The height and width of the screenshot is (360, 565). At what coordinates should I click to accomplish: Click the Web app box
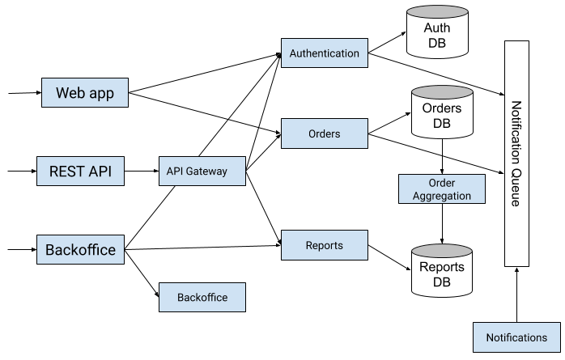pyautogui.click(x=85, y=93)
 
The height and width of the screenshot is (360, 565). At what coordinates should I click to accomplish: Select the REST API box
pyautogui.click(x=80, y=172)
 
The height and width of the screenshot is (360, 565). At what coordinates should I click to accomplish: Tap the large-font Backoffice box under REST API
pyautogui.click(x=80, y=249)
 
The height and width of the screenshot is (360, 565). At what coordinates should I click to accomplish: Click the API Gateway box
pyautogui.click(x=202, y=172)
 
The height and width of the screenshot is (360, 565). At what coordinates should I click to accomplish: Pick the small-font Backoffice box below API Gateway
pyautogui.click(x=202, y=297)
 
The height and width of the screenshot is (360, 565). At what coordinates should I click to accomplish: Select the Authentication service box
pyautogui.click(x=324, y=53)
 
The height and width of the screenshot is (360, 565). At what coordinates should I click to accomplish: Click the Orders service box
pyautogui.click(x=324, y=133)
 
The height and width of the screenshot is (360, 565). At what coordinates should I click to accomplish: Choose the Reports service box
pyautogui.click(x=324, y=245)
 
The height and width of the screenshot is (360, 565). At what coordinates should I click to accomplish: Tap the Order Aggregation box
pyautogui.click(x=441, y=189)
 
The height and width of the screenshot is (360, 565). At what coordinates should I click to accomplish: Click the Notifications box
pyautogui.click(x=516, y=337)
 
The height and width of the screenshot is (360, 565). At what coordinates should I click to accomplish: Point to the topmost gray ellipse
pyautogui.click(x=437, y=12)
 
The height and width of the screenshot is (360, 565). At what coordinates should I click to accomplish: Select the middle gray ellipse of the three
pyautogui.click(x=441, y=92)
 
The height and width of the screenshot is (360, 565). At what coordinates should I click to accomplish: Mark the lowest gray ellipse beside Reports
pyautogui.click(x=441, y=251)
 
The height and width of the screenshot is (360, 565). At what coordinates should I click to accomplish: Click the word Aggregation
pyautogui.click(x=441, y=196)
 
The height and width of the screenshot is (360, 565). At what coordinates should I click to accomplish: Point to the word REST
pyautogui.click(x=66, y=172)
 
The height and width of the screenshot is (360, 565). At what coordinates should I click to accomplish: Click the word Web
pyautogui.click(x=70, y=93)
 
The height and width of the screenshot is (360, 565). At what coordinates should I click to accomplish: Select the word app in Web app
pyautogui.click(x=101, y=94)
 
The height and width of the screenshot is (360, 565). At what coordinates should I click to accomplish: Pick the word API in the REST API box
pyautogui.click(x=100, y=172)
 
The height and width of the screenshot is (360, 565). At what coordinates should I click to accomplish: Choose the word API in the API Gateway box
pyautogui.click(x=175, y=172)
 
